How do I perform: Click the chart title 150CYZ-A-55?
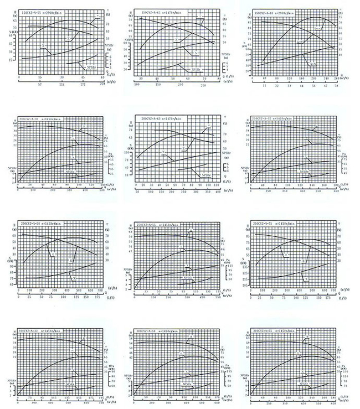[40, 11]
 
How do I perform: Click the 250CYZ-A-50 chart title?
[157, 223]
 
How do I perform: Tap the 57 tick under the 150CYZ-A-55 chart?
[40, 86]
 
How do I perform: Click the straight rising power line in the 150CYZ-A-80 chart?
[299, 57]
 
